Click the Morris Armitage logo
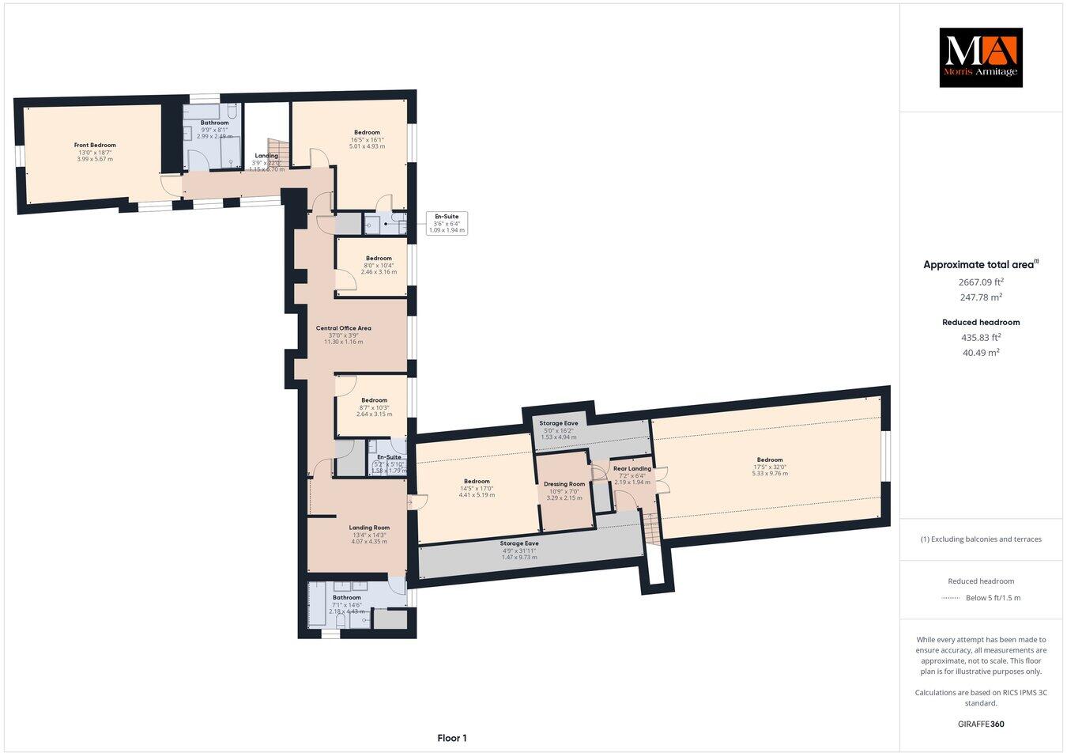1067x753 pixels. coord(980,57)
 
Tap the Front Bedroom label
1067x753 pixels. coord(95,145)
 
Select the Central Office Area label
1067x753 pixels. coord(343,328)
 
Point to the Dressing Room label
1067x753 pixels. coord(564,484)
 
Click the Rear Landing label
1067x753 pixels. coord(632,468)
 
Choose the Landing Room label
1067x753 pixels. coord(369,528)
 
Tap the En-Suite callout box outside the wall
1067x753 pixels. coord(447,223)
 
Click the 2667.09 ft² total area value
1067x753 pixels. coord(980,281)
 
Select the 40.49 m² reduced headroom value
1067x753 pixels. coord(980,353)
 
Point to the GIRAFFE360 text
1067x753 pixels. coord(980,723)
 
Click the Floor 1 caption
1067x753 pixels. coord(452,738)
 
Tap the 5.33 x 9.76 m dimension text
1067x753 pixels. coord(769,473)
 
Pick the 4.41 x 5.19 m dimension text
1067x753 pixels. coord(477,495)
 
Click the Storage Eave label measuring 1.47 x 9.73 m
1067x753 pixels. coord(519,543)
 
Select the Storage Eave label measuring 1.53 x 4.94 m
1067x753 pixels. coord(559,423)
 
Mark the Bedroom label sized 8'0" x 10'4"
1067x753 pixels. coord(379,258)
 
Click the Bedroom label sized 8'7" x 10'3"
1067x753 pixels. coord(374,400)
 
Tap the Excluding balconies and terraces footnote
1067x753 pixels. coord(980,539)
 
